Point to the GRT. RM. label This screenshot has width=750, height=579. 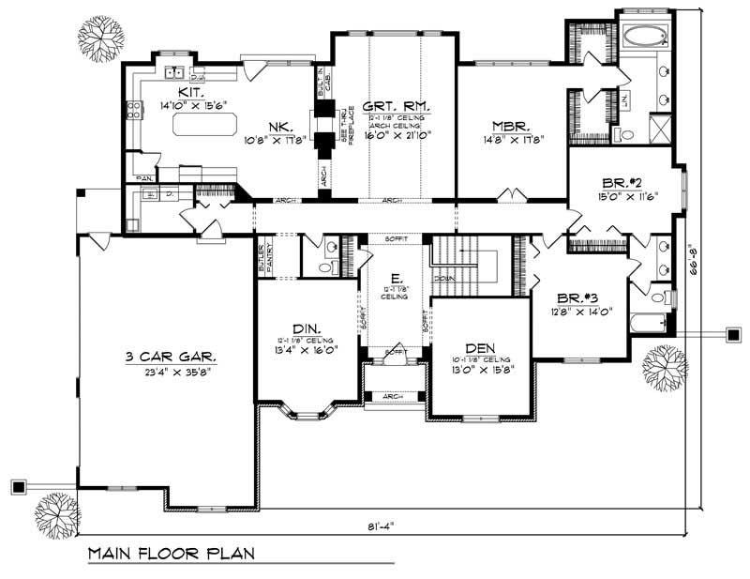[396, 107]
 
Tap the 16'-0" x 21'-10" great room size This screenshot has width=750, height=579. [396, 135]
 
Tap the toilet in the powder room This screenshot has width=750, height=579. [325, 267]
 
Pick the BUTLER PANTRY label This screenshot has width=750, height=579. [266, 259]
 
